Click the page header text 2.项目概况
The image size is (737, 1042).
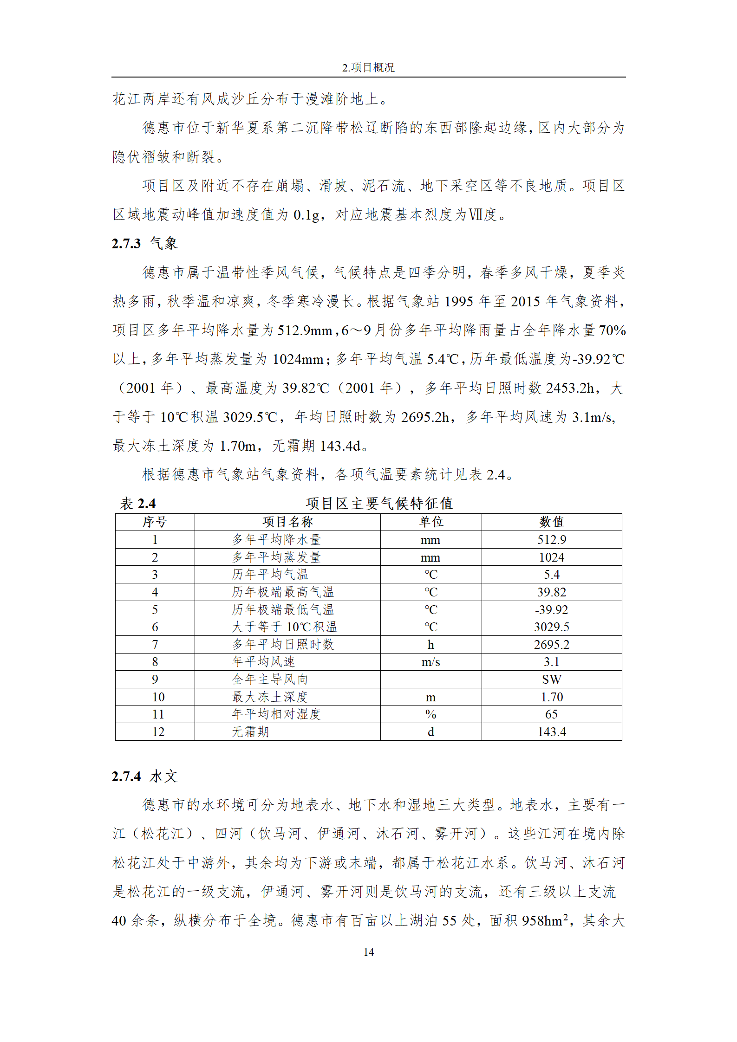click(x=368, y=68)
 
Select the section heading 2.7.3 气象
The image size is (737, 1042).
click(x=144, y=244)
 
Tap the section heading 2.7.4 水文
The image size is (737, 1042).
click(x=144, y=777)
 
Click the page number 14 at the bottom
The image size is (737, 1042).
click(x=368, y=952)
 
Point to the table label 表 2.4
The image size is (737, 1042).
click(x=138, y=504)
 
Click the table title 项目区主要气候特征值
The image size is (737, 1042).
click(x=379, y=504)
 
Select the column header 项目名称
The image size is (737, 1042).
click(x=287, y=522)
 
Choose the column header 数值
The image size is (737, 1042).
click(x=551, y=522)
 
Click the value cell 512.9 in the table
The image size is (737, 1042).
click(x=551, y=540)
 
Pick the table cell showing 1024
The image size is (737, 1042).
click(x=551, y=557)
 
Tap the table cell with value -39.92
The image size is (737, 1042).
click(x=551, y=610)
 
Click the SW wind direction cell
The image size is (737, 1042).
click(x=551, y=680)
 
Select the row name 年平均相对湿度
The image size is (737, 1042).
click(x=276, y=715)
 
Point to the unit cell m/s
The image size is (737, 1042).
click(x=430, y=662)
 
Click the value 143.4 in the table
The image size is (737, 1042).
click(x=551, y=732)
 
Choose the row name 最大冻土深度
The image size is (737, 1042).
click(x=270, y=697)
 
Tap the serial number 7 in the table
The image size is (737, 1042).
click(x=155, y=645)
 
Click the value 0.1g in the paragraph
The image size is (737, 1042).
click(x=307, y=215)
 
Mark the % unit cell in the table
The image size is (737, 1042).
click(x=430, y=715)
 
